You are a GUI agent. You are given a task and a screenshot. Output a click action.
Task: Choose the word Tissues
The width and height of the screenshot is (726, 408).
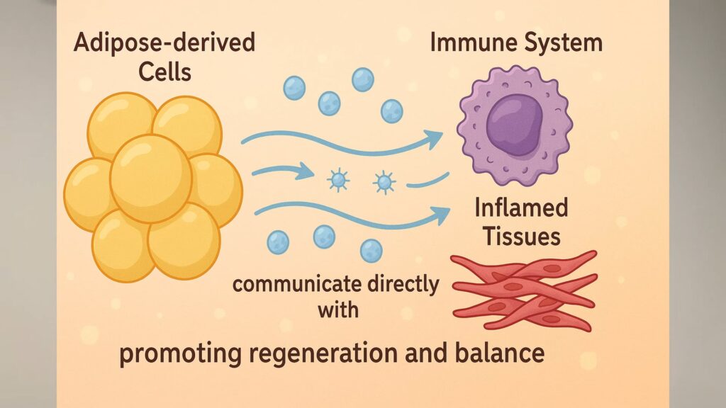pos(522,236)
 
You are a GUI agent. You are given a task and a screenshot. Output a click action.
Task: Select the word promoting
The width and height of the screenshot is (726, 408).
pos(174,352)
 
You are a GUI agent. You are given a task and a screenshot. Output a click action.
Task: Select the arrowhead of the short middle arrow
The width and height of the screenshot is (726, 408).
pos(306,171)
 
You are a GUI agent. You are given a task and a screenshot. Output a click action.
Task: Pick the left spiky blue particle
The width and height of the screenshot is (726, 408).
pos(338,181)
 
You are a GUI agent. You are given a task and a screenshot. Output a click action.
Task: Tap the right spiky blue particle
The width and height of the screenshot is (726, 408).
pos(384,183)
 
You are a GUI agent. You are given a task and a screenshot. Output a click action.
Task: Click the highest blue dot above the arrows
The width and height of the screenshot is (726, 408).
pos(363,79)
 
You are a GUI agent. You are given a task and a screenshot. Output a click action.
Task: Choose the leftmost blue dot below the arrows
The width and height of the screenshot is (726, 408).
pos(278,242)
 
